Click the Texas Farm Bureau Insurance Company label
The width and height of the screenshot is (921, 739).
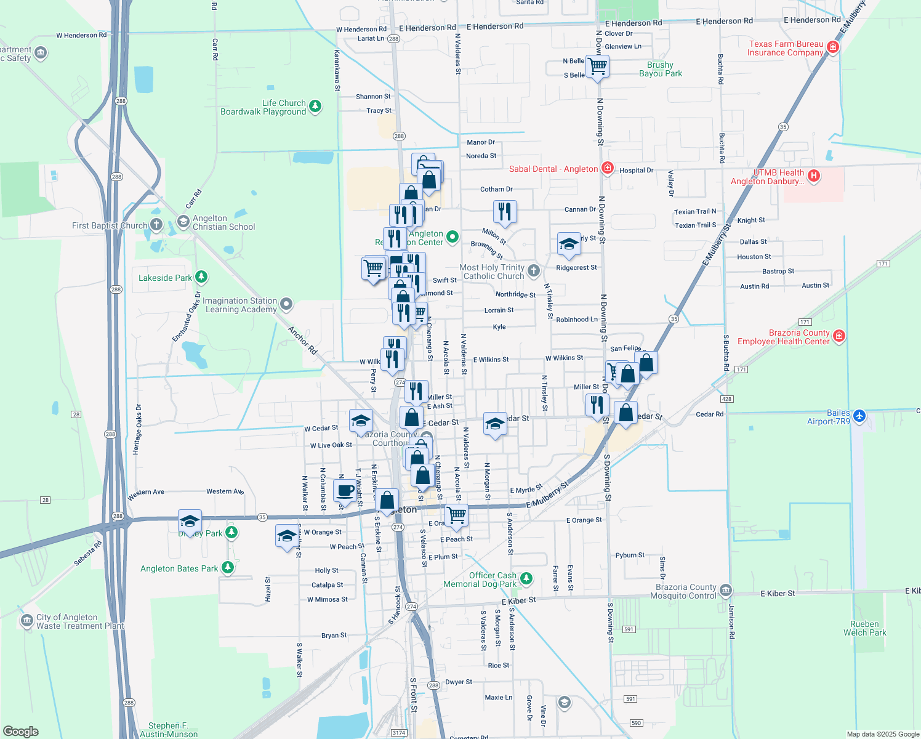pyautogui.click(x=786, y=48)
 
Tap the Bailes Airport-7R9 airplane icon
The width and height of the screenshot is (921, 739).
pyautogui.click(x=860, y=416)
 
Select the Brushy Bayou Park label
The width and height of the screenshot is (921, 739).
pyautogui.click(x=660, y=69)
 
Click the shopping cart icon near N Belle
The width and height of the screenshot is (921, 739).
pyautogui.click(x=598, y=66)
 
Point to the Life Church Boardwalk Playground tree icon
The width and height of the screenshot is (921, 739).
pyautogui.click(x=315, y=107)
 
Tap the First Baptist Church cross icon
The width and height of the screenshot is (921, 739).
pyautogui.click(x=156, y=225)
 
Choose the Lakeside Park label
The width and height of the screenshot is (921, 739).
pyautogui.click(x=165, y=278)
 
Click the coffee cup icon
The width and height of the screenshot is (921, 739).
pyautogui.click(x=345, y=490)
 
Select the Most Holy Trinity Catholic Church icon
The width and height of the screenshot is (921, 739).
pyautogui.click(x=534, y=270)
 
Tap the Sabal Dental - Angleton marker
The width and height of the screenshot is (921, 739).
pyautogui.click(x=608, y=168)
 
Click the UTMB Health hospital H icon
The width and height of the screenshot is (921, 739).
pyautogui.click(x=814, y=176)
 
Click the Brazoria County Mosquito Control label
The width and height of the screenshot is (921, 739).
pyautogui.click(x=686, y=591)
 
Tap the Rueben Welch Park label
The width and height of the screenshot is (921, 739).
pyautogui.click(x=864, y=628)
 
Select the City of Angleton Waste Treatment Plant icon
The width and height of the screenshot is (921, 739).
pyautogui.click(x=26, y=620)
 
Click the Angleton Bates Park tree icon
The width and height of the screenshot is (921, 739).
pyautogui.click(x=228, y=567)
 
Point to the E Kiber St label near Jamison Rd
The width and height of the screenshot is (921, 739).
pyautogui.click(x=778, y=594)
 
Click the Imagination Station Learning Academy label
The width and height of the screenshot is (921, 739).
pyautogui.click(x=240, y=305)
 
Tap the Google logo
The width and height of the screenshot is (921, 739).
pyautogui.click(x=21, y=732)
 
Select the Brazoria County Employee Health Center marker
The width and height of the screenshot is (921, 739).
pyautogui.click(x=839, y=336)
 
